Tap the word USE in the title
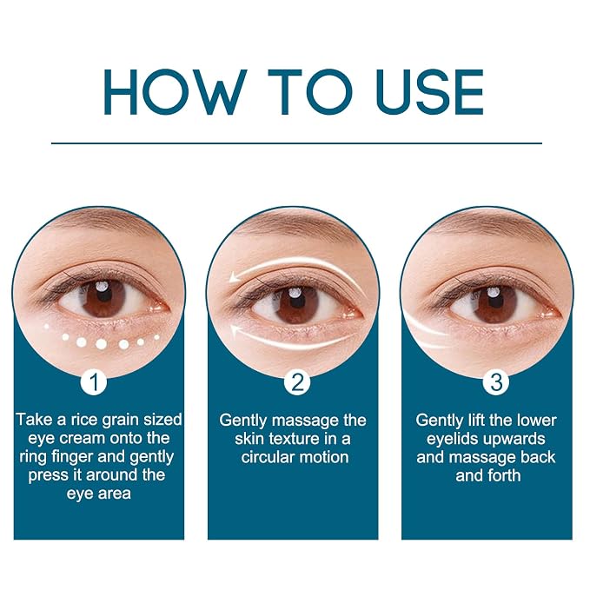pos(430,92)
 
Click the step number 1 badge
pos(95,382)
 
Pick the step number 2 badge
pos(297,382)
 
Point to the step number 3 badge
pos(496,382)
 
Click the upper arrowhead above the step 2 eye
pos(235,277)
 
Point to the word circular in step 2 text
pos(269,457)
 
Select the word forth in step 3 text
pos(504,475)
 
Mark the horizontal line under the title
pos(296,143)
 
